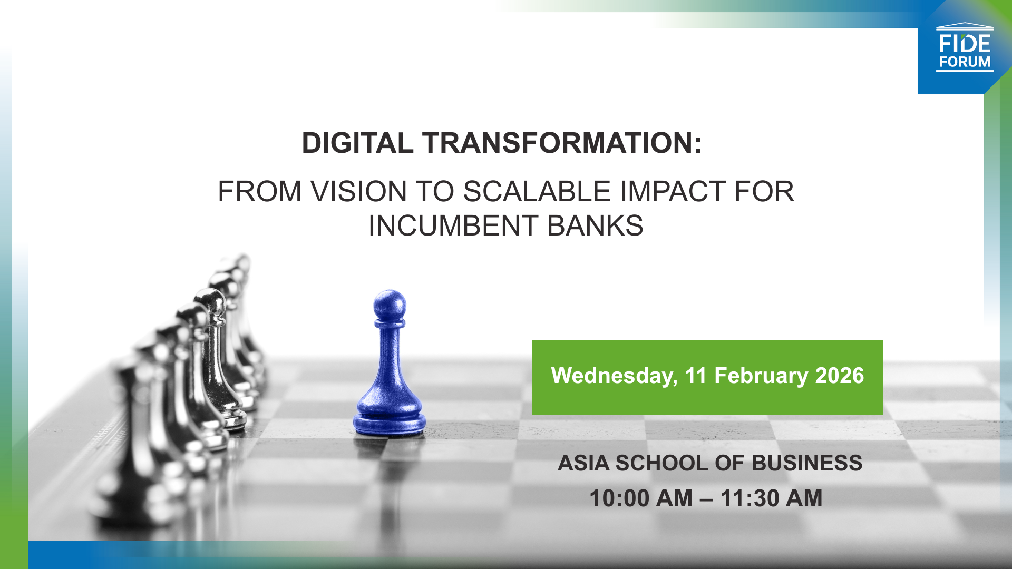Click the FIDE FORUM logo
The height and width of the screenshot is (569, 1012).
[x=964, y=47]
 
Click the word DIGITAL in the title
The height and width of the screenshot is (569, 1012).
[x=357, y=143]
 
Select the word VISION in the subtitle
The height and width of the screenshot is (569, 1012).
[x=358, y=191]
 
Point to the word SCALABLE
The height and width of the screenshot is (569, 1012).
[x=537, y=191]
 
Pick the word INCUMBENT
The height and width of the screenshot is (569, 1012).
[x=453, y=226]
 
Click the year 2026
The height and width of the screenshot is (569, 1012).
[x=840, y=376]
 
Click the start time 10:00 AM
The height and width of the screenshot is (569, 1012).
[x=641, y=498]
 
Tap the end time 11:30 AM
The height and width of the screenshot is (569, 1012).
[x=771, y=498]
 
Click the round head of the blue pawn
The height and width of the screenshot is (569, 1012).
[x=390, y=305]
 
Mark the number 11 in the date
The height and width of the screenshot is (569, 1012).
[x=695, y=376]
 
